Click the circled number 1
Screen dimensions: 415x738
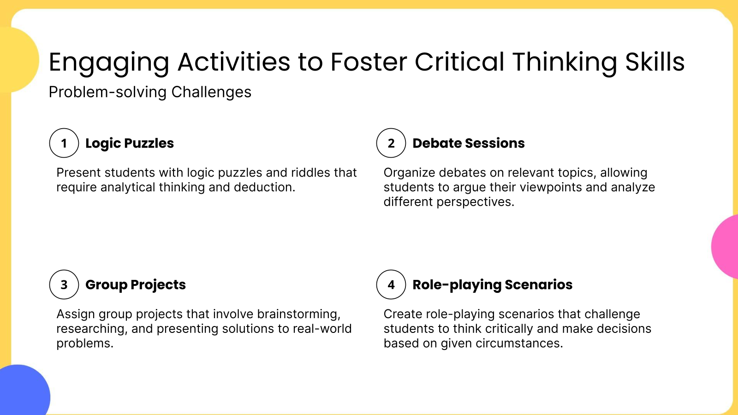[64, 143]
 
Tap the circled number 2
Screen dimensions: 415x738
[391, 143]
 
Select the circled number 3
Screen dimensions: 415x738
[64, 285]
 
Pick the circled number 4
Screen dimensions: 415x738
[391, 285]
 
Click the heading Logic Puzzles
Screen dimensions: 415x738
[130, 143]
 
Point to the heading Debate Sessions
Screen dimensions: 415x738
[468, 143]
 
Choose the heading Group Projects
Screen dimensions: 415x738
[136, 285]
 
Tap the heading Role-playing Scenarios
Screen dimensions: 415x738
[492, 285]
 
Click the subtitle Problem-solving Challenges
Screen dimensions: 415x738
[150, 92]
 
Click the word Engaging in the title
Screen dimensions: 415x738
[109, 63]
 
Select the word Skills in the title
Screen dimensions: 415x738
[655, 62]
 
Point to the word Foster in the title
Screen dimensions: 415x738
[369, 62]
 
